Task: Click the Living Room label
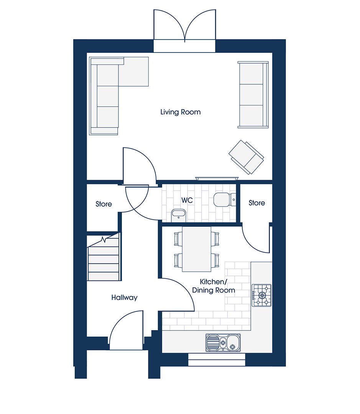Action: pyautogui.click(x=181, y=112)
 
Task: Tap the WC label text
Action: pyautogui.click(x=187, y=200)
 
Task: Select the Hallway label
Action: pyautogui.click(x=124, y=298)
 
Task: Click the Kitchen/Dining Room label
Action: pyautogui.click(x=214, y=286)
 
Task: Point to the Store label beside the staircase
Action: pyautogui.click(x=104, y=204)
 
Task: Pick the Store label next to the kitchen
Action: pyautogui.click(x=257, y=203)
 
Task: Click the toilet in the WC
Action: pyautogui.click(x=225, y=200)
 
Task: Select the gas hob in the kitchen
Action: pyautogui.click(x=261, y=295)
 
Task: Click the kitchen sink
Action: pyautogui.click(x=223, y=343)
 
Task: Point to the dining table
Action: pyautogui.click(x=197, y=249)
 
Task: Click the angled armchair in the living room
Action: pyautogui.click(x=246, y=158)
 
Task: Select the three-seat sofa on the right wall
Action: pyautogui.click(x=253, y=95)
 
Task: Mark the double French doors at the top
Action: pyautogui.click(x=185, y=26)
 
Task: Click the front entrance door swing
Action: pyautogui.click(x=126, y=330)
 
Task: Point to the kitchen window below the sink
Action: pyautogui.click(x=217, y=360)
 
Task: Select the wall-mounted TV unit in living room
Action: pyautogui.click(x=217, y=179)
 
